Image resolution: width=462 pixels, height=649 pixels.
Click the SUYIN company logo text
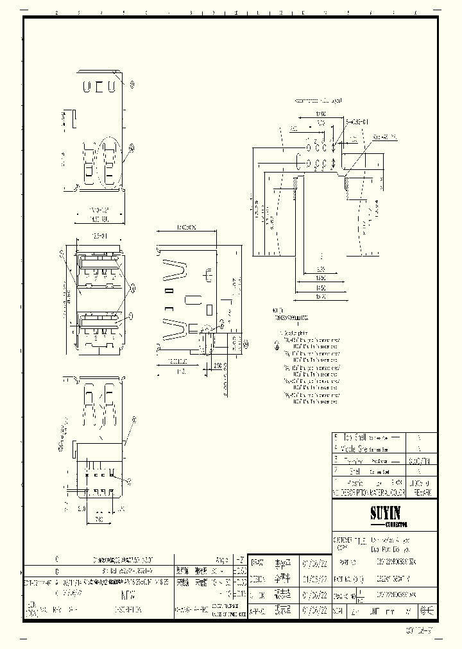click(x=385, y=513)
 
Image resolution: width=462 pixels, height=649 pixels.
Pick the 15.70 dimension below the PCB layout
click(x=321, y=298)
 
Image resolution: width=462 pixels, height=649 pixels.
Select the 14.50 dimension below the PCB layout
click(x=321, y=289)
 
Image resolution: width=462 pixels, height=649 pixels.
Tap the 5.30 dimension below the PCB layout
click(x=320, y=269)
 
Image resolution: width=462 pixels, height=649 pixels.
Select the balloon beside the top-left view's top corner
click(x=132, y=84)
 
